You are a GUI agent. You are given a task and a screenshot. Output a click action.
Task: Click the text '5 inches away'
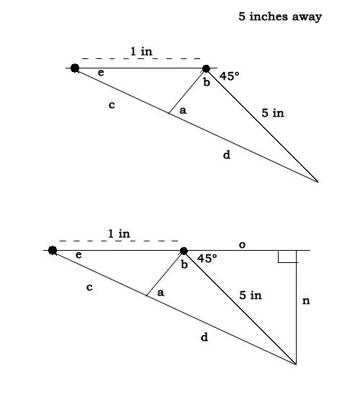click(x=280, y=17)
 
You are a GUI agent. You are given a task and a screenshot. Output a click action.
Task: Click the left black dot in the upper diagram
click(x=75, y=68)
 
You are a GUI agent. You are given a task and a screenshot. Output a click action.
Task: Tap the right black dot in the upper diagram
click(x=206, y=69)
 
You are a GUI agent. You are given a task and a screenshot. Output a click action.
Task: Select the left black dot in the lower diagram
click(x=53, y=250)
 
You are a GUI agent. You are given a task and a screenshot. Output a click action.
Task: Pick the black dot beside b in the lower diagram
click(x=184, y=251)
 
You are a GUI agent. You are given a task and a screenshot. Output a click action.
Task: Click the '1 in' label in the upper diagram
click(x=142, y=51)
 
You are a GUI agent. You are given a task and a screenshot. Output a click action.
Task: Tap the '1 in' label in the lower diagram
click(x=119, y=233)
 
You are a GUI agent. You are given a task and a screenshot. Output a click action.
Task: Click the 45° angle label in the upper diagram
click(x=230, y=76)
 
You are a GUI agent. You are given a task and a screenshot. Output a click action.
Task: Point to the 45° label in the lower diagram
click(x=207, y=259)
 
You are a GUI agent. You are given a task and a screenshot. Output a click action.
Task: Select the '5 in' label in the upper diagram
click(x=273, y=113)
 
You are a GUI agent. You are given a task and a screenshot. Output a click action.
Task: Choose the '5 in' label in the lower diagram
click(x=251, y=295)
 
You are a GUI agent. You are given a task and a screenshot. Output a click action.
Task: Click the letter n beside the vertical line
click(x=306, y=301)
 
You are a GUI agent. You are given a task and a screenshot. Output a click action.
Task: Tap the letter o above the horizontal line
click(x=242, y=245)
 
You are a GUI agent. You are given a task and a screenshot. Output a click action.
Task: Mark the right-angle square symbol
click(x=287, y=256)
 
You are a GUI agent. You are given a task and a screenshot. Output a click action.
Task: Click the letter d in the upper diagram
click(x=227, y=155)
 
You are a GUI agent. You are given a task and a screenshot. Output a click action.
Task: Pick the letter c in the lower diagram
click(x=89, y=287)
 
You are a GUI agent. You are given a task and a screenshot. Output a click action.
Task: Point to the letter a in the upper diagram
click(x=183, y=110)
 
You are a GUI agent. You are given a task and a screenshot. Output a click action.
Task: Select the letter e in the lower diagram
click(x=78, y=254)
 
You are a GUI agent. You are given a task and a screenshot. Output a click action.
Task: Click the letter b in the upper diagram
click(x=207, y=82)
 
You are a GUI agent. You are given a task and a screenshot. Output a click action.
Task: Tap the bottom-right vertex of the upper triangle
click(x=318, y=182)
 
